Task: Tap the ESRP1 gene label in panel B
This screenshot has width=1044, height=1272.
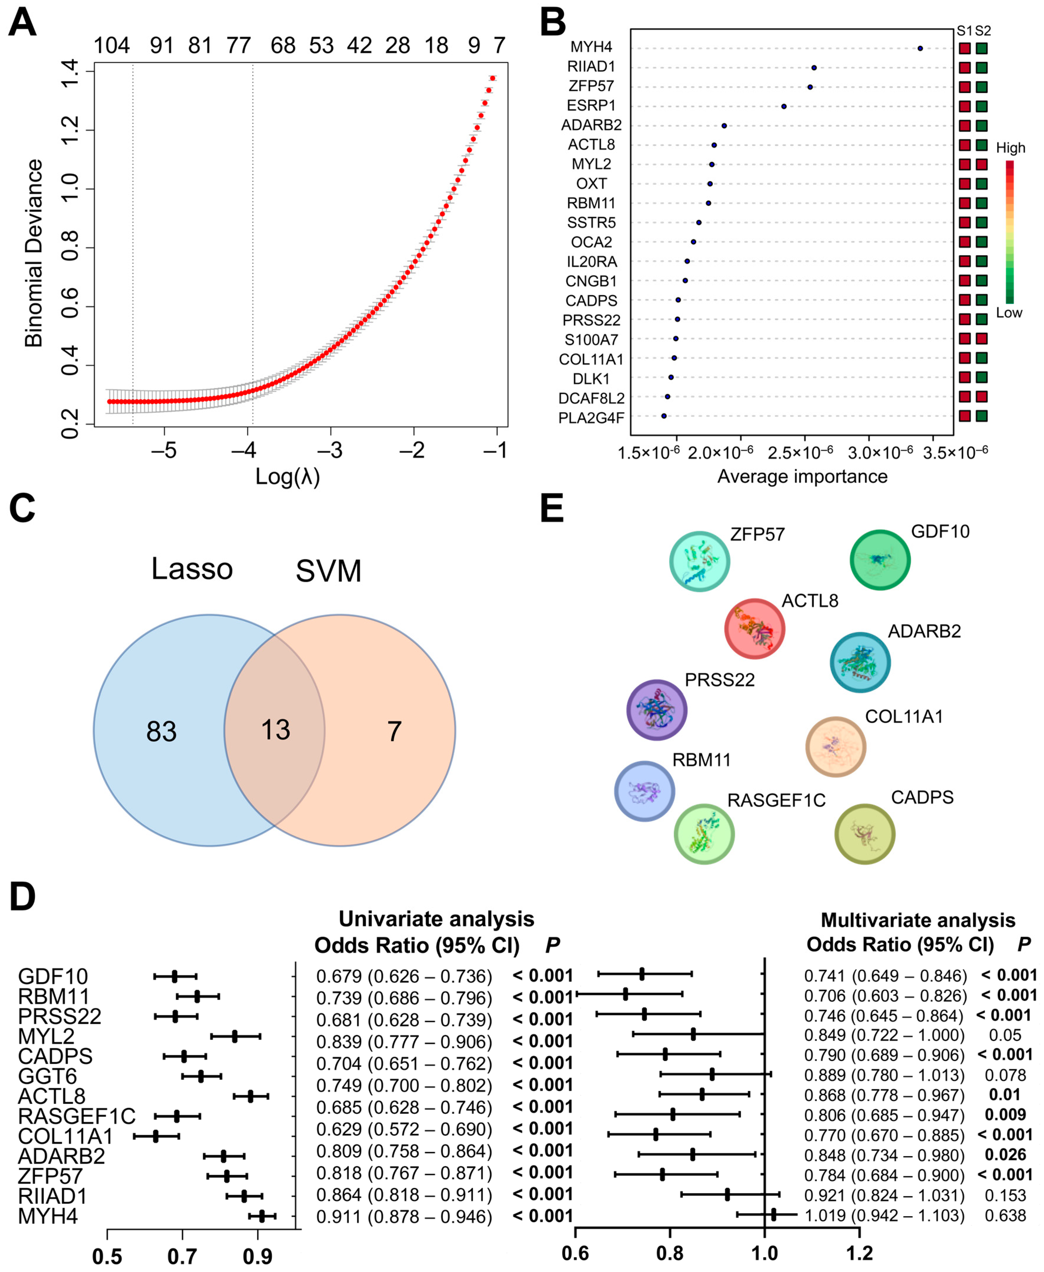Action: pos(591,106)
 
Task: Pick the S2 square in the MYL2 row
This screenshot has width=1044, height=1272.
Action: pos(981,164)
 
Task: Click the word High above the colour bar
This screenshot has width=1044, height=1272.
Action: pos(1010,148)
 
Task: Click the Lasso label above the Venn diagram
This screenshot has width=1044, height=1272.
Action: pos(192,568)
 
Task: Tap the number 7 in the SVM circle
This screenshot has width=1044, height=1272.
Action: pos(394,731)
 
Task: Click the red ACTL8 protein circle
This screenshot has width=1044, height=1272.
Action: pos(754,628)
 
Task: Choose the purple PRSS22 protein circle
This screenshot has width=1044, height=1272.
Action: pos(657,710)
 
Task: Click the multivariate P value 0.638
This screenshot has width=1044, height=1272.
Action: pos(1005,1216)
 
